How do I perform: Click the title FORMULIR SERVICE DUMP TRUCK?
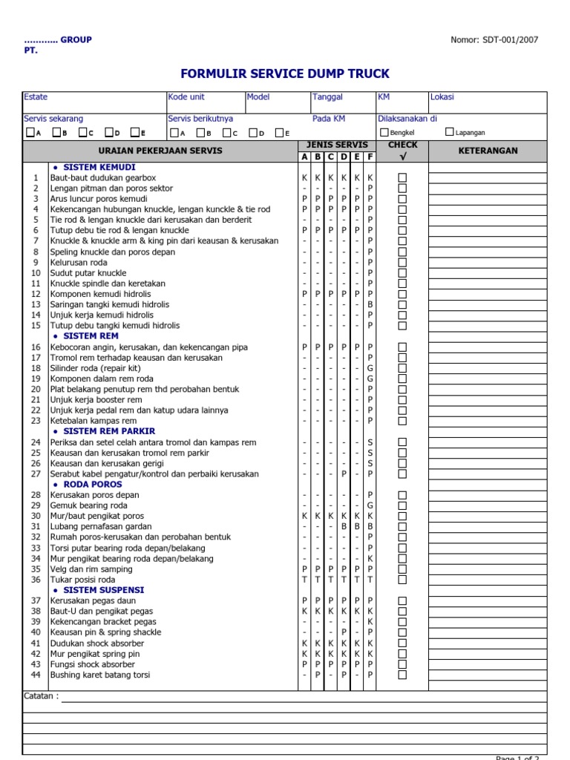point(285,74)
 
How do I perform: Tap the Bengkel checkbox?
point(384,132)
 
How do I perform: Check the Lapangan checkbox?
point(450,132)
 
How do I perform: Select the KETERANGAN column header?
point(488,151)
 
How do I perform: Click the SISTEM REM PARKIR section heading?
point(109,431)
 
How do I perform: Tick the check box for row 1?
point(402,178)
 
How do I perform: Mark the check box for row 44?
point(402,675)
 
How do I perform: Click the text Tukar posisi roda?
point(83,580)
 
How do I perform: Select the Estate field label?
point(36,97)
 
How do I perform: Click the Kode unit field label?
point(186,97)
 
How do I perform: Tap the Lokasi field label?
point(442,97)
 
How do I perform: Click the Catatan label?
point(41,696)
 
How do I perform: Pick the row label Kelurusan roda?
point(79,263)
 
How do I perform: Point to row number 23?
point(36,421)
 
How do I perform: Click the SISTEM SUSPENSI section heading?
point(104,590)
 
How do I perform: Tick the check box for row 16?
point(402,347)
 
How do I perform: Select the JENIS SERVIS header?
point(337,145)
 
